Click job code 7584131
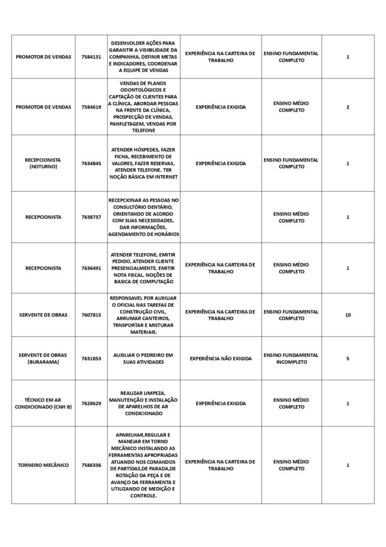click(91, 57)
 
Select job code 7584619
click(91, 107)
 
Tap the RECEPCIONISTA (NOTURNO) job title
click(43, 163)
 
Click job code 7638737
click(91, 217)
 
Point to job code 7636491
click(91, 268)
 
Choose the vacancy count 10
click(348, 315)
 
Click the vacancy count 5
click(348, 358)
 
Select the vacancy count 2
click(348, 107)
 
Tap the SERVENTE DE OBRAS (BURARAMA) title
click(43, 358)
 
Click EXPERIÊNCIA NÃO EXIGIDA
click(221, 358)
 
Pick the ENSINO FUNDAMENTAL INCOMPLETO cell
click(291, 358)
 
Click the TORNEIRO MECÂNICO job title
click(43, 465)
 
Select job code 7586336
click(91, 465)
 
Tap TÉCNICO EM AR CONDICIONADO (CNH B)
click(43, 403)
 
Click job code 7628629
click(91, 403)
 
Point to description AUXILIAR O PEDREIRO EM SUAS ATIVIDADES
click(143, 358)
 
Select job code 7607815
click(91, 315)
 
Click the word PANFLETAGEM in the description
click(128, 123)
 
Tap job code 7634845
click(91, 163)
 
